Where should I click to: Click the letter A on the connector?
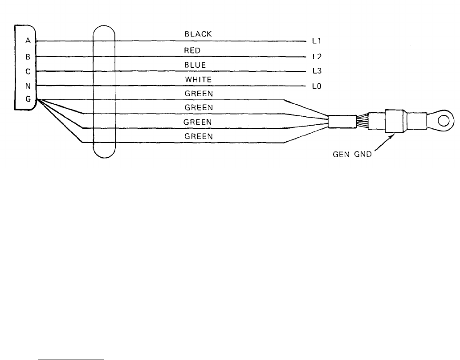pos(28,41)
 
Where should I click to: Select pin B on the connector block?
pos(28,57)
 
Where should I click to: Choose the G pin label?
pos(28,99)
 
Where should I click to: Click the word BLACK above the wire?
pos(198,34)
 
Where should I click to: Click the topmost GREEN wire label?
pos(198,94)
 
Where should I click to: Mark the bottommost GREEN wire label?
pos(198,136)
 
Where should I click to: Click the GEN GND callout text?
pos(353,156)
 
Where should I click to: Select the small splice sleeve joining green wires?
pos(342,121)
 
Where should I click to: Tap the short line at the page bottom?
pos(71,358)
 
